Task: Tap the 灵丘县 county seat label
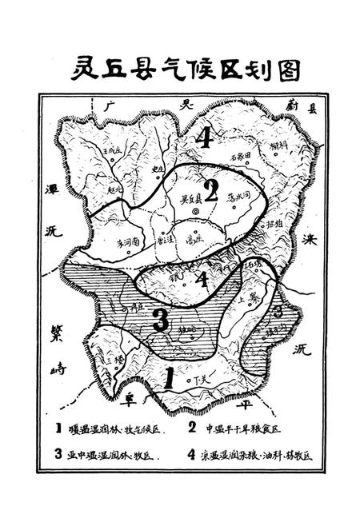[185, 199]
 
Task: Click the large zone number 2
[210, 190]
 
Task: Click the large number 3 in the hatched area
[160, 320]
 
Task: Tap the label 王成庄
[110, 150]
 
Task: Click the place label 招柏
[274, 225]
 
